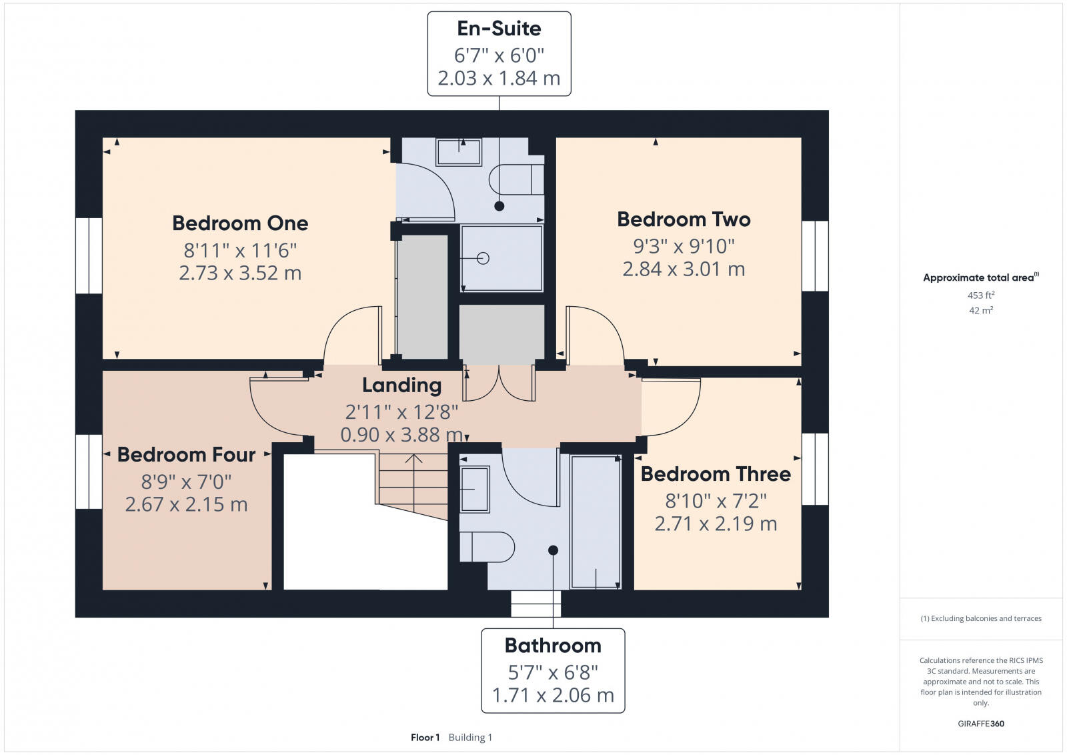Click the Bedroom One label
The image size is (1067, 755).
pos(240,223)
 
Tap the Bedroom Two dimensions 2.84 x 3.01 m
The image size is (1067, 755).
pos(684,269)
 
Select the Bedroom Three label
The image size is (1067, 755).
pos(716,474)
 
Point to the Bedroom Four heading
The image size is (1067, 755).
pos(186,455)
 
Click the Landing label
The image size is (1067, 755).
pos(401,386)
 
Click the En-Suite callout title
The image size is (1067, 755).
pos(499,29)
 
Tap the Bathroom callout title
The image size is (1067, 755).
pos(553,646)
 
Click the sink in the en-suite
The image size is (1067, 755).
pos(459,152)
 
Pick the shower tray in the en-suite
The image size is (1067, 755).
pos(501,258)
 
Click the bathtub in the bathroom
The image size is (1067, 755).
pos(596,522)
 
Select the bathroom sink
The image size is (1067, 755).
pos(474,490)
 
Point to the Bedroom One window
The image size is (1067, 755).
pos(89,255)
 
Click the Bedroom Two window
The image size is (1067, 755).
pos(814,255)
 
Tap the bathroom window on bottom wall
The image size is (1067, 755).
pos(536,604)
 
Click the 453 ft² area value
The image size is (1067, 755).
pos(981,295)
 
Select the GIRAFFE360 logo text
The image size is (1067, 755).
pos(981,724)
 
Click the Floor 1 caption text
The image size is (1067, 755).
pos(425,738)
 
